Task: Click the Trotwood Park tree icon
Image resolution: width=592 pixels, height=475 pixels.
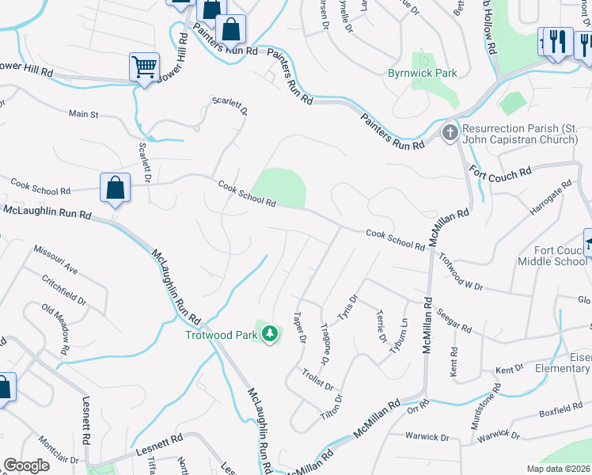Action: click(x=271, y=334)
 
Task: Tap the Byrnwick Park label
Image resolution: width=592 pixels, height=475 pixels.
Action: click(x=423, y=74)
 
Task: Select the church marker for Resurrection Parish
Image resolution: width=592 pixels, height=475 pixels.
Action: click(x=450, y=131)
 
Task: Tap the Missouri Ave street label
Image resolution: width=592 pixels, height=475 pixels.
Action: click(x=55, y=259)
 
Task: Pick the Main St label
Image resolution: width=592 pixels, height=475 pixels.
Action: click(x=83, y=115)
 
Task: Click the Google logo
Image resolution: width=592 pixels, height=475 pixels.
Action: click(x=26, y=465)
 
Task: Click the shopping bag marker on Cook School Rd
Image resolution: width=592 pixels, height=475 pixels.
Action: click(x=116, y=188)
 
